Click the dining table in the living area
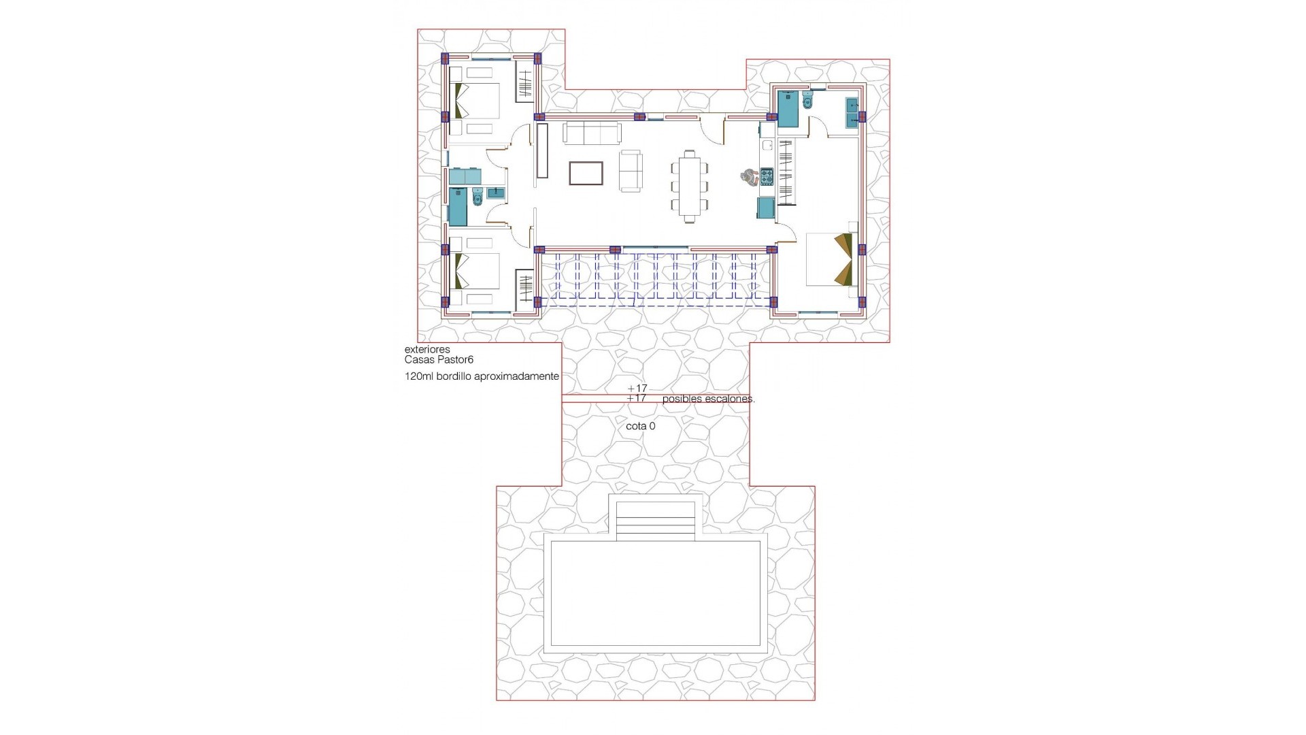click(690, 185)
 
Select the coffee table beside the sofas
click(586, 173)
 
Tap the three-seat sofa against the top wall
click(592, 133)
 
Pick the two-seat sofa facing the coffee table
click(631, 170)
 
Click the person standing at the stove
click(749, 177)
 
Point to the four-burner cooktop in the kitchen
click(767, 177)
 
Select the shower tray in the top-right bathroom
click(788, 109)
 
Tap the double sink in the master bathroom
click(852, 112)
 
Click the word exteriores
click(427, 350)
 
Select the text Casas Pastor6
click(439, 359)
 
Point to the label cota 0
click(641, 426)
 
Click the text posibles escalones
click(708, 399)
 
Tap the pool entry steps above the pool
click(655, 520)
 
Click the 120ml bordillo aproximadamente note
click(482, 376)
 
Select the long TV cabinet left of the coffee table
click(542, 150)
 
